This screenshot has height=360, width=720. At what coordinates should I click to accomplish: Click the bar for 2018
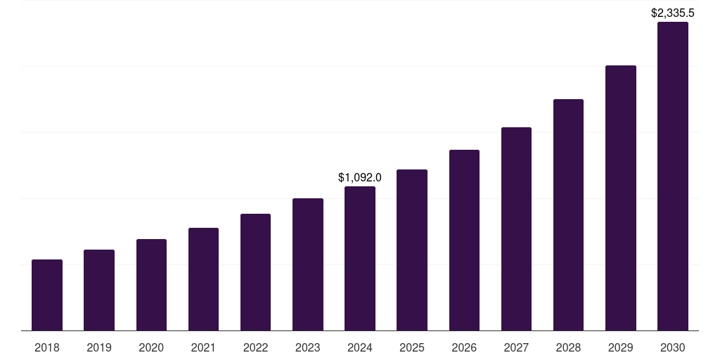coord(47,295)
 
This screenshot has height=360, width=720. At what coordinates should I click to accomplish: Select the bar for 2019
coord(99,290)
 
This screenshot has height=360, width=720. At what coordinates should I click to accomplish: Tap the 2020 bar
coord(151,285)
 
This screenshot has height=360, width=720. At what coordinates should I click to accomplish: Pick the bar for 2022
coord(255,272)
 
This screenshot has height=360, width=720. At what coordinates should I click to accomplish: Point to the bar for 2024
coord(360,259)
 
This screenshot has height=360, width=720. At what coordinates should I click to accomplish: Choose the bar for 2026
coord(464,240)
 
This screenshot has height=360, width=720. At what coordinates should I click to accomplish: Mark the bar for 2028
coord(568,215)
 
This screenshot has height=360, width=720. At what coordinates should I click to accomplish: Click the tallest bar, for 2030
coord(673,176)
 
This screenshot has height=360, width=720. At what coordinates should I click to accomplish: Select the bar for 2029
coord(621,198)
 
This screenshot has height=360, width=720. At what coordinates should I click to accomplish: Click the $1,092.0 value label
coord(360,177)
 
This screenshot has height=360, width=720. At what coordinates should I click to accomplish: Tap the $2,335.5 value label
coord(673,13)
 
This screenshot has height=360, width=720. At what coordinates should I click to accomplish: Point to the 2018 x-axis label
coord(47,347)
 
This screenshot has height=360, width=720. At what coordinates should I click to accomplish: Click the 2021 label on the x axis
coord(203,347)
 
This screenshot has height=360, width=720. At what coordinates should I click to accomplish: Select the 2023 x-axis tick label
coord(308,347)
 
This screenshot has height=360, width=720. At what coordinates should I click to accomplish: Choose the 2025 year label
coord(412,347)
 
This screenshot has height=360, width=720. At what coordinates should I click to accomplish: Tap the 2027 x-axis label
coord(516,347)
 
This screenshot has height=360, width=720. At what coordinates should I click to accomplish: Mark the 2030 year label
coord(673,347)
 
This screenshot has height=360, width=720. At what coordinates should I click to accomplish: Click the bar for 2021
coord(203,279)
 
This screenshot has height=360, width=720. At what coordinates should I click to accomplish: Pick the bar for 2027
coord(516,229)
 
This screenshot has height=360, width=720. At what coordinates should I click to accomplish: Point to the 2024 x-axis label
coord(360,347)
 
